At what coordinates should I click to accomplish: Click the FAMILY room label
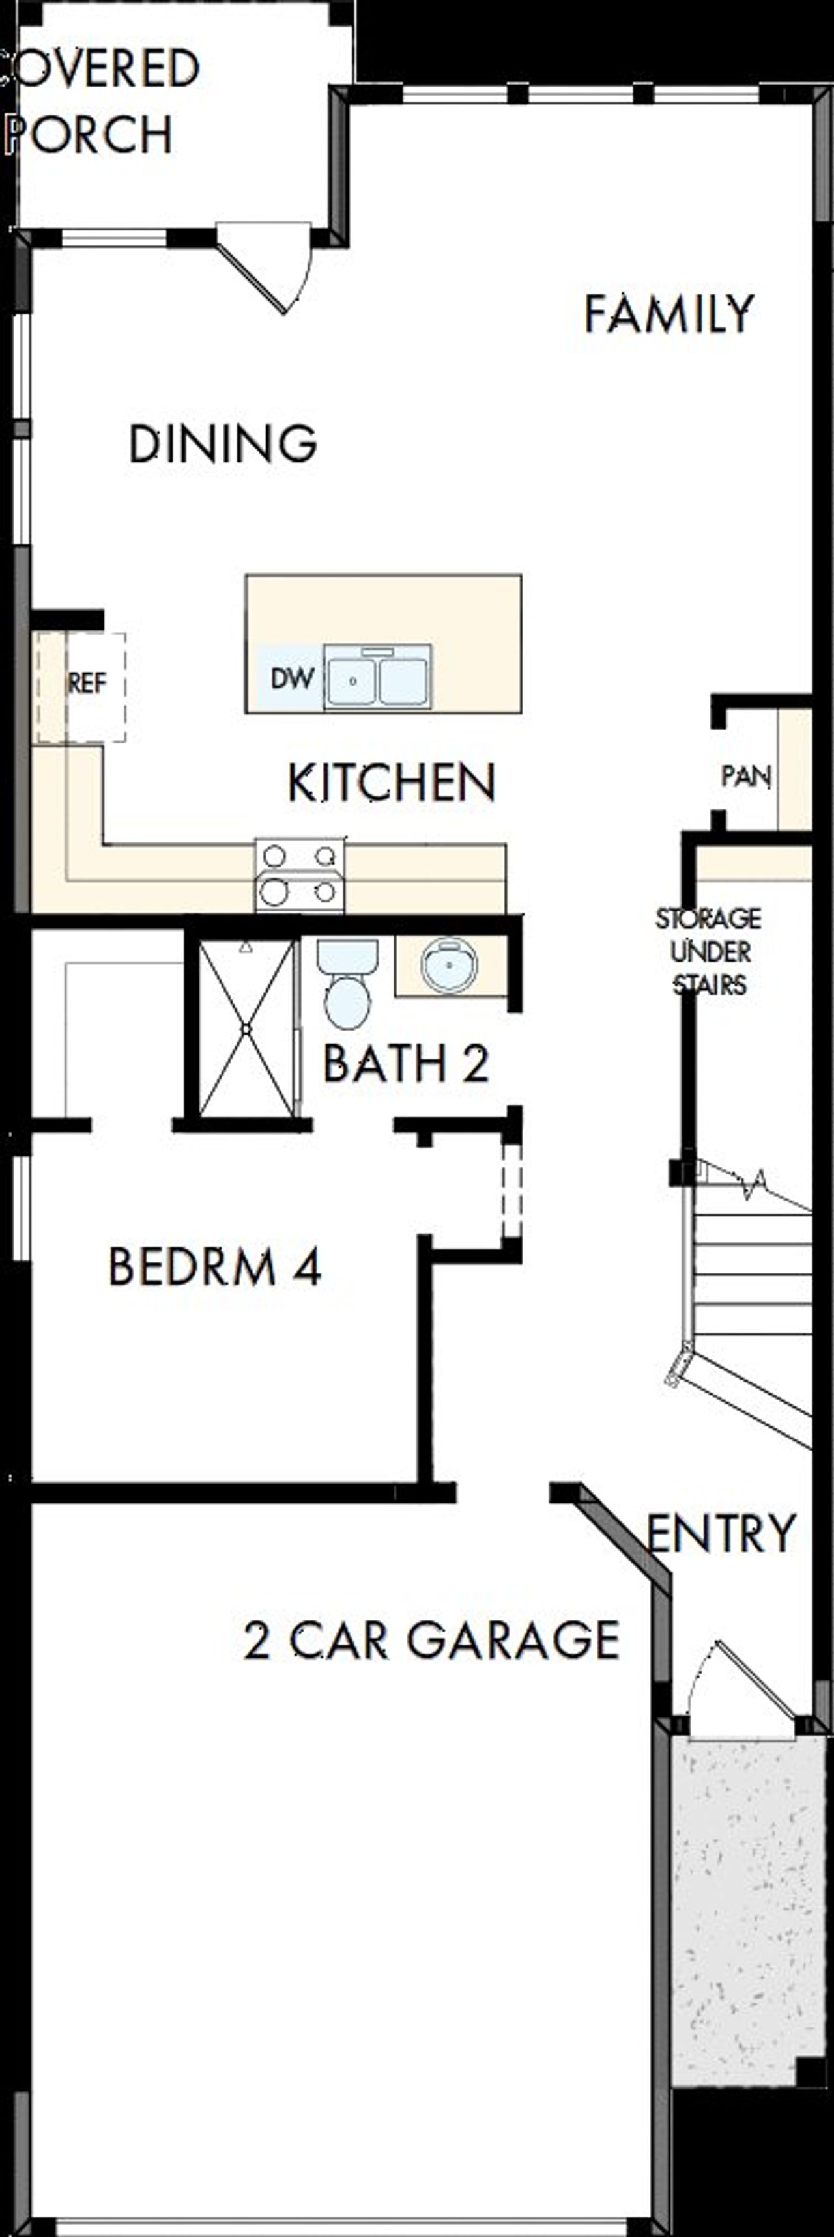667,314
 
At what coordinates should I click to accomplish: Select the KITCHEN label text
391,783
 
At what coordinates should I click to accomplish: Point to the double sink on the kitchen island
377,677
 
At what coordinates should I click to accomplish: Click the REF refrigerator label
87,684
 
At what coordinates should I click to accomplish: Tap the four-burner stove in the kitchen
300,876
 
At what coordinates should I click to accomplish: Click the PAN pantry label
745,775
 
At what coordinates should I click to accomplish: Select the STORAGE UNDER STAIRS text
709,952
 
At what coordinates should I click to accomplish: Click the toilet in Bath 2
347,981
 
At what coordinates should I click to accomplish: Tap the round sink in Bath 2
448,964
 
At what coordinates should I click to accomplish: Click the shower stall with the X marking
247,1029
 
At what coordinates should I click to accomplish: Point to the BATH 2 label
406,1064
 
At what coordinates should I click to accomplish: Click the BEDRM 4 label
214,1267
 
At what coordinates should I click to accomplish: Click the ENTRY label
721,1533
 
